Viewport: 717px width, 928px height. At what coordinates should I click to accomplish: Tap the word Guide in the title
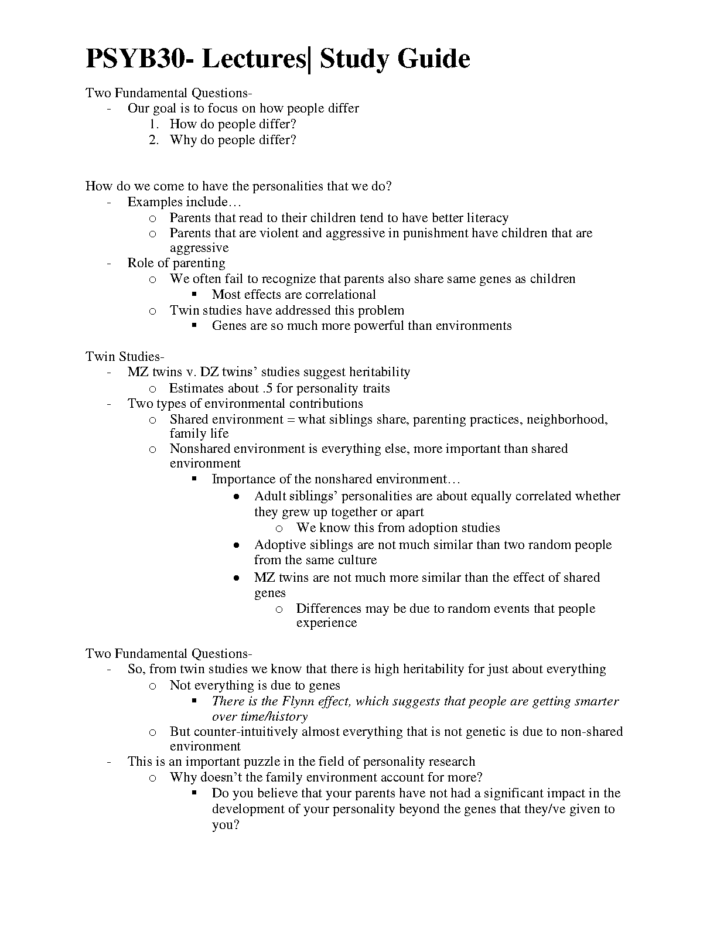click(434, 59)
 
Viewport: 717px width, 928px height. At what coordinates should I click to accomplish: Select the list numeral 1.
click(153, 124)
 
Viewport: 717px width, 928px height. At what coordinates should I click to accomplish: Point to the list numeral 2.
click(153, 140)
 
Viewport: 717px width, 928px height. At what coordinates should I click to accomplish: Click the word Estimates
click(197, 388)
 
